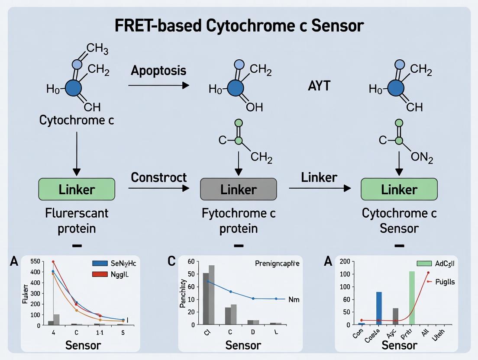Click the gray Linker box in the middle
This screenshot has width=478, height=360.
(x=238, y=189)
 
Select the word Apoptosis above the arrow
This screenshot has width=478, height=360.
(x=158, y=71)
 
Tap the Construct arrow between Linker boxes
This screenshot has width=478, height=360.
(x=158, y=188)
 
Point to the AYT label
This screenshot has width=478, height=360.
(x=319, y=86)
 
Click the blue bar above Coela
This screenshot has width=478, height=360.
(x=379, y=308)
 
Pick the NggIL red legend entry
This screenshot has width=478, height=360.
(x=113, y=274)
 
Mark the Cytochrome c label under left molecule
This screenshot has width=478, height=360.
(x=77, y=120)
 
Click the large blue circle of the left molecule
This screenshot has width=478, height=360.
(x=73, y=89)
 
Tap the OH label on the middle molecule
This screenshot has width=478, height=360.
(x=254, y=107)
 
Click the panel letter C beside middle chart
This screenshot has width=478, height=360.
(x=172, y=261)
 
